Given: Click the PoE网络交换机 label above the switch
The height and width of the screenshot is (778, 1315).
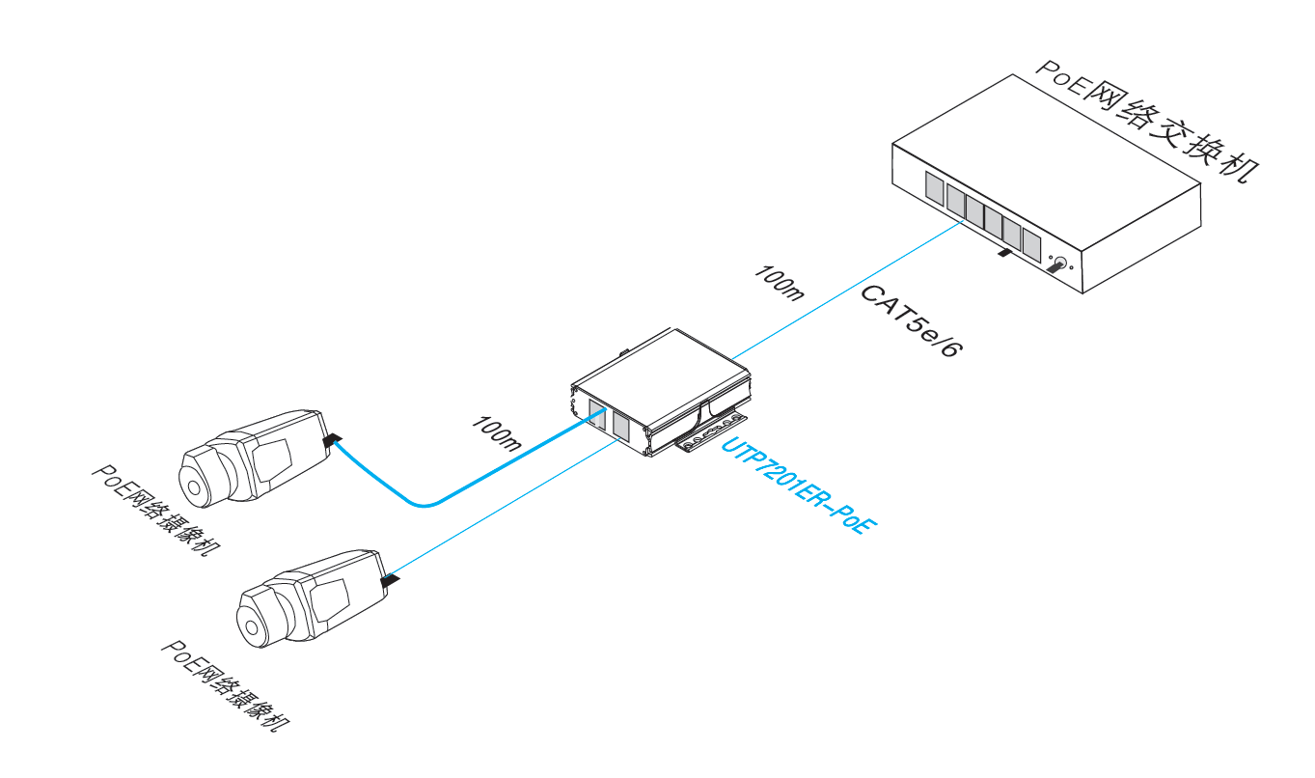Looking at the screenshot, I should [1148, 121].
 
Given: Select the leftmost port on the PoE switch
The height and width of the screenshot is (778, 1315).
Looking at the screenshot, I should [934, 186].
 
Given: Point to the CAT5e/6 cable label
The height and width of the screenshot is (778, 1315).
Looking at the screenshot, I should [910, 321].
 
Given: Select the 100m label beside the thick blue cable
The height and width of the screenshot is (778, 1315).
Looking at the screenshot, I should [497, 434].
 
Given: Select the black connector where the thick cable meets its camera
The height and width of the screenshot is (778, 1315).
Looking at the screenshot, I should [333, 441].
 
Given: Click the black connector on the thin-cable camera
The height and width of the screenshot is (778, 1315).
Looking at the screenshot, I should [391, 579].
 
